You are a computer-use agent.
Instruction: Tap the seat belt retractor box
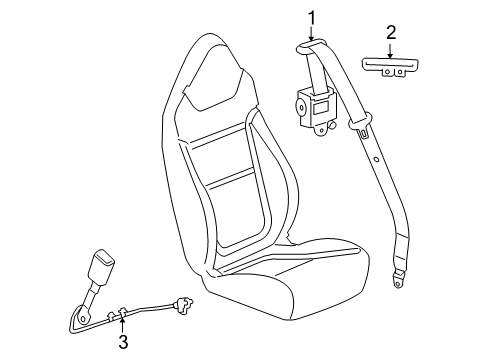point(317,104)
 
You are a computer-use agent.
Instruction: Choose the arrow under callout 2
point(391,48)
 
